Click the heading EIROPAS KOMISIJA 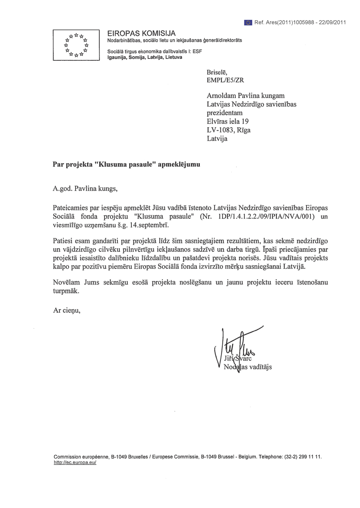[x=141, y=33]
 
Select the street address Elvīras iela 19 [x=228, y=121]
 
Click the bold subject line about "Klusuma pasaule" [x=126, y=165]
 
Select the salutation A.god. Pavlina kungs [x=85, y=188]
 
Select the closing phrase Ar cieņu [x=67, y=310]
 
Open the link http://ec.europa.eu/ [x=75, y=462]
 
